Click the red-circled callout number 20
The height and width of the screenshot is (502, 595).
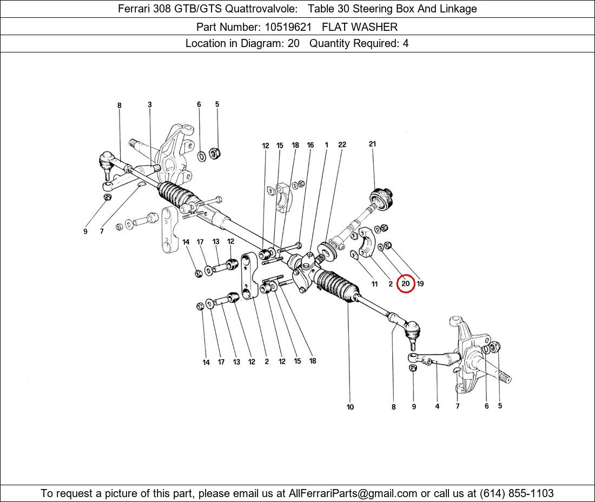pos(406,283)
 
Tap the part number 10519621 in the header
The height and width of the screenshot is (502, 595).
pos(288,27)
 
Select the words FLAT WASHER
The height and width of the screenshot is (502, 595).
pos(360,27)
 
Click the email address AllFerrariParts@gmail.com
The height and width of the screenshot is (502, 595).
pos(353,493)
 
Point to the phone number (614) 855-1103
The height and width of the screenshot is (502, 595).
pos(517,493)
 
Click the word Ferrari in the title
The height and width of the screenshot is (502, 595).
pos(134,9)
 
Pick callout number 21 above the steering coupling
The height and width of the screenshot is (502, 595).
pos(372,144)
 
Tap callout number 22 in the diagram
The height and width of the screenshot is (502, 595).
pos(342,144)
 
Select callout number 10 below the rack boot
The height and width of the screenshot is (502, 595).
pos(350,407)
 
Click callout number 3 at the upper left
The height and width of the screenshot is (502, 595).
pos(150,104)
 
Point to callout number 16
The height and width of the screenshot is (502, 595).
pos(310,145)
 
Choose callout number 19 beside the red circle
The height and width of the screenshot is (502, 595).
pos(420,283)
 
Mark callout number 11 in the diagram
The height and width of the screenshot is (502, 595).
pos(374,284)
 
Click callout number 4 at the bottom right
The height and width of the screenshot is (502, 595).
pos(437,406)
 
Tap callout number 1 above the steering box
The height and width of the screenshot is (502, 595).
pos(326,145)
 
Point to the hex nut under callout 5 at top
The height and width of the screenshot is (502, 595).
pos(214,153)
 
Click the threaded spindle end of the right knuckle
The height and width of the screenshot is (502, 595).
pos(503,376)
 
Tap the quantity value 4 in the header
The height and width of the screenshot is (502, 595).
pos(406,43)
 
